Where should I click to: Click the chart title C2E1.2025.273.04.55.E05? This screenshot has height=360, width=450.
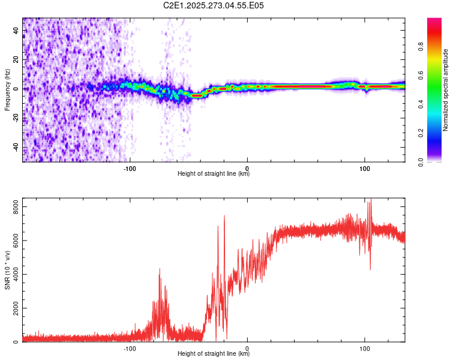click(x=214, y=5)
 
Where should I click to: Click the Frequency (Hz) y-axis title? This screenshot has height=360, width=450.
click(x=7, y=90)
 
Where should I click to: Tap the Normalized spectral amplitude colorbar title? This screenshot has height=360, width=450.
click(x=445, y=90)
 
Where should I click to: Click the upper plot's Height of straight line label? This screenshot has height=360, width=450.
click(x=214, y=174)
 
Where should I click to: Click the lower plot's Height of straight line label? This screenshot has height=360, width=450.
click(x=214, y=354)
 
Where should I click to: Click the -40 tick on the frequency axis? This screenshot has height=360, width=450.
click(x=15, y=147)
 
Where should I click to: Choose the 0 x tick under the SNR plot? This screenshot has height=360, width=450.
click(x=248, y=347)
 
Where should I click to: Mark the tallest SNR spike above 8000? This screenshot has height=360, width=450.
click(x=370, y=200)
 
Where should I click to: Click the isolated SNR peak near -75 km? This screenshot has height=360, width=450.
click(x=160, y=271)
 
